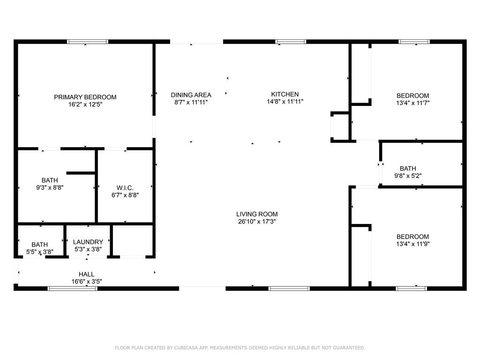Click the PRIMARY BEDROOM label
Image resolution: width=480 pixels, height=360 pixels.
(x=85, y=97)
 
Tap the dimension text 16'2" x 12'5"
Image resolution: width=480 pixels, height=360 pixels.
(x=85, y=105)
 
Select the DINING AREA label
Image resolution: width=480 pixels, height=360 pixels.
(x=191, y=94)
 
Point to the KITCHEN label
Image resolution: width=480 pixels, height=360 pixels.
(x=285, y=94)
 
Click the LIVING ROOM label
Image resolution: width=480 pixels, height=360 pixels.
(x=260, y=214)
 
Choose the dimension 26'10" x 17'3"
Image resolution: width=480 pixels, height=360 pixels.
(x=260, y=222)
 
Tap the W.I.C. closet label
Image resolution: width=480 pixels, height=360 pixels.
(x=125, y=187)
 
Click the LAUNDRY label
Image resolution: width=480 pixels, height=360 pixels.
(x=88, y=242)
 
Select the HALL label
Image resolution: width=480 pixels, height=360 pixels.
(x=86, y=274)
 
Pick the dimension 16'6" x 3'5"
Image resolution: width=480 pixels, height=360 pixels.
(x=86, y=282)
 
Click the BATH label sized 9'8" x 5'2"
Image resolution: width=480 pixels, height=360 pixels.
(x=408, y=168)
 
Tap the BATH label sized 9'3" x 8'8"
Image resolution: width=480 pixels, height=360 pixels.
(x=50, y=180)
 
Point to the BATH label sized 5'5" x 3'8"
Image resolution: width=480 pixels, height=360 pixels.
(x=39, y=244)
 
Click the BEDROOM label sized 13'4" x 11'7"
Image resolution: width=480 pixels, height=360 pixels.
(x=413, y=96)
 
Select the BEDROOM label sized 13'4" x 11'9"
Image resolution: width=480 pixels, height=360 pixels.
(x=413, y=237)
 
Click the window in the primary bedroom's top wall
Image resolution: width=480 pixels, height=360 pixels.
(x=88, y=42)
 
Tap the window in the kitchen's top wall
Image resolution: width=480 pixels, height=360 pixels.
(x=291, y=42)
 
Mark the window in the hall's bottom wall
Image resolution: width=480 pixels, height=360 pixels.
(x=73, y=288)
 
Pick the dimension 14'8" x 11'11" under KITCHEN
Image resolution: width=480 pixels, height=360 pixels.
(x=285, y=102)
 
